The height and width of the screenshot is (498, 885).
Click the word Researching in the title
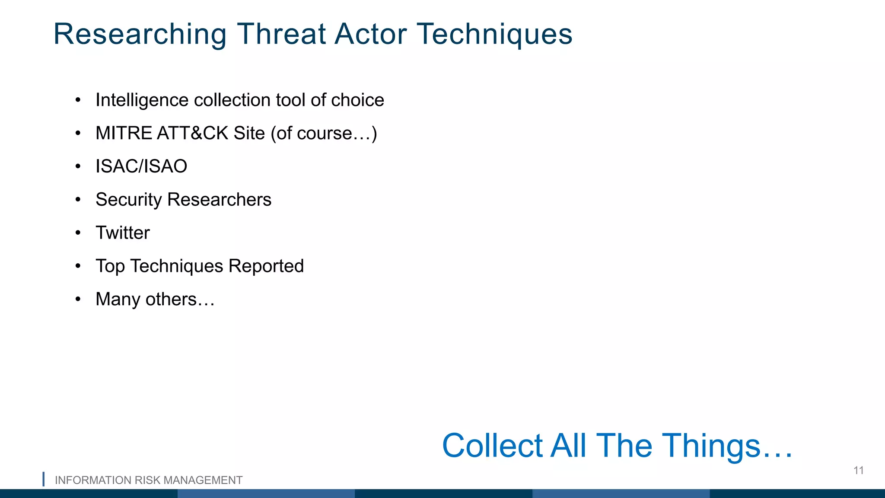(x=140, y=35)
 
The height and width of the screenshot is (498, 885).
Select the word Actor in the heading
(x=370, y=35)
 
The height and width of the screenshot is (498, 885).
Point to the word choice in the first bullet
(x=357, y=100)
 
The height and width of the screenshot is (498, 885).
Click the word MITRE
(x=124, y=133)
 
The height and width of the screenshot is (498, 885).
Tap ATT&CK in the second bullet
(x=192, y=133)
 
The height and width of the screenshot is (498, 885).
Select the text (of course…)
(x=324, y=133)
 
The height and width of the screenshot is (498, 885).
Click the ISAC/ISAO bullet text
(x=141, y=166)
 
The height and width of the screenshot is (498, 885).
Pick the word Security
(x=128, y=200)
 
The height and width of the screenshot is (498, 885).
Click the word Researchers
(x=219, y=200)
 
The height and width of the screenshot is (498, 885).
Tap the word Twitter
(x=123, y=233)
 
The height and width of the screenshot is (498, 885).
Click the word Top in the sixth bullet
(x=110, y=266)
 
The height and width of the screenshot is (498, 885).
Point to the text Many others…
(x=155, y=300)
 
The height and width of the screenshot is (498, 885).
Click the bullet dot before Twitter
(x=78, y=233)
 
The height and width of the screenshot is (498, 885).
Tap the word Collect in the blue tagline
(x=492, y=446)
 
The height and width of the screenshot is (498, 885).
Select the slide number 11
(x=858, y=470)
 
